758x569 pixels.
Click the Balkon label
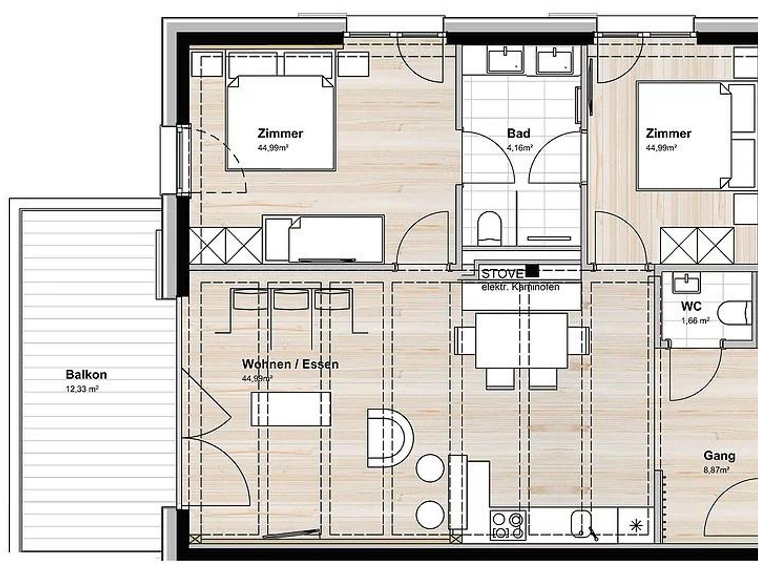[x=86, y=374]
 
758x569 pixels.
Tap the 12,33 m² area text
[x=82, y=389]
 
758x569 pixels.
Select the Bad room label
[x=519, y=133]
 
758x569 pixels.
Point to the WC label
[x=691, y=306]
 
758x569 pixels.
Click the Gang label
[x=719, y=455]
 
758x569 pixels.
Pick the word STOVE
[x=502, y=274]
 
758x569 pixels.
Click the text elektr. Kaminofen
[x=520, y=287]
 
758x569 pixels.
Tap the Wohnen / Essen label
[x=290, y=364]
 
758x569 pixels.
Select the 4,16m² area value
[x=519, y=148]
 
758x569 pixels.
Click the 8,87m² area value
[x=717, y=471]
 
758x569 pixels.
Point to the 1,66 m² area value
[x=695, y=321]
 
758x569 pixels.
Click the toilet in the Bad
[x=489, y=228]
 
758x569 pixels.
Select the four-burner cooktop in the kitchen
[x=508, y=524]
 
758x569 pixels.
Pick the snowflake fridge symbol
[x=635, y=526]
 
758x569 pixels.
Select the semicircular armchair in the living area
[x=390, y=438]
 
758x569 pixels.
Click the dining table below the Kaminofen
[x=521, y=340]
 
